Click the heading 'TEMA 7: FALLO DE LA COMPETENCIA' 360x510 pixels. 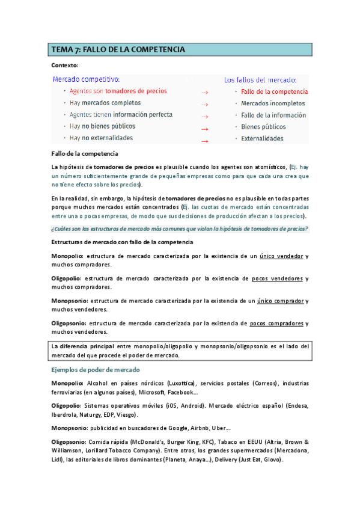coord(118,49)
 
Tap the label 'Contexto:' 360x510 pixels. coord(65,65)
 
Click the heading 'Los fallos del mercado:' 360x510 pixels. coord(260,79)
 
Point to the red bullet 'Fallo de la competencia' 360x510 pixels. coord(274,91)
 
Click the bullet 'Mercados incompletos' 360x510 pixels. coord(273,103)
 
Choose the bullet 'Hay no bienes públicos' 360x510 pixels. coord(102,126)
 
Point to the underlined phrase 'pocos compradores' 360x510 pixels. coord(276,323)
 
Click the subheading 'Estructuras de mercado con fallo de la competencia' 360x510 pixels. coord(123,242)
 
